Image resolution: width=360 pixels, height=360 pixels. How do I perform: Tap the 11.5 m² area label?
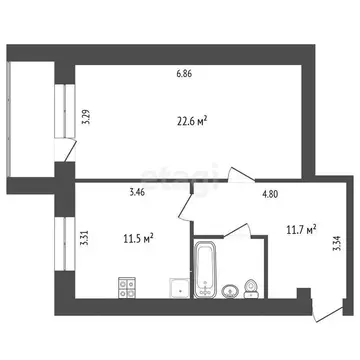(x=137, y=239)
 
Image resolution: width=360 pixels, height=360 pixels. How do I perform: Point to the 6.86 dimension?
(x=185, y=73)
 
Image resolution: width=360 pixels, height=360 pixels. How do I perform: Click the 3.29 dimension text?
(x=88, y=116)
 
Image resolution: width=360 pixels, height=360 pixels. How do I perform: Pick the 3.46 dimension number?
(x=138, y=188)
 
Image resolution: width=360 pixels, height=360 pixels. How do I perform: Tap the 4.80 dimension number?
(x=271, y=195)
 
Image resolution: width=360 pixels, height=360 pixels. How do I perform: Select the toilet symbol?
(x=252, y=288)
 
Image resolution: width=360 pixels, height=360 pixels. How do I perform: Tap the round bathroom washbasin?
(x=232, y=291)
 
